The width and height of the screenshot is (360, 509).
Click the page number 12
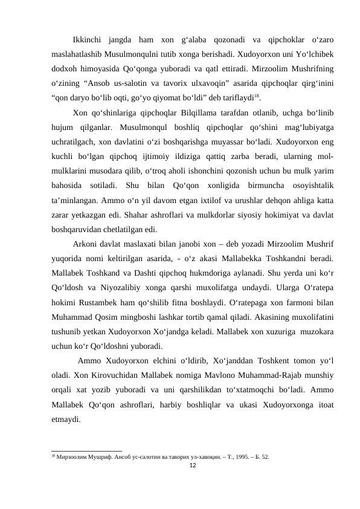pos(193,465)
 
